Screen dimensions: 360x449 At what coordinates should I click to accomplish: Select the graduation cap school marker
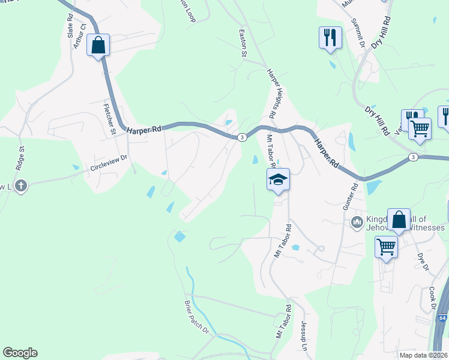point(278,180)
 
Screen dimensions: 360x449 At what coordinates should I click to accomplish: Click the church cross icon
point(20,185)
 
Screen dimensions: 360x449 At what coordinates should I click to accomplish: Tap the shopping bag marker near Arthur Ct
point(98,45)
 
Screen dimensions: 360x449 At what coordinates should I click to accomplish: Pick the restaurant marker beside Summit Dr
point(330,38)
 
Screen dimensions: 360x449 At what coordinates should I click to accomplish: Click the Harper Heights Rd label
point(271,93)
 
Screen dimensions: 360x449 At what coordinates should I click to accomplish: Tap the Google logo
point(20,353)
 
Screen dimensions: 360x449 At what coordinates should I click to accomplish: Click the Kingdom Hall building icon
point(357,223)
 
